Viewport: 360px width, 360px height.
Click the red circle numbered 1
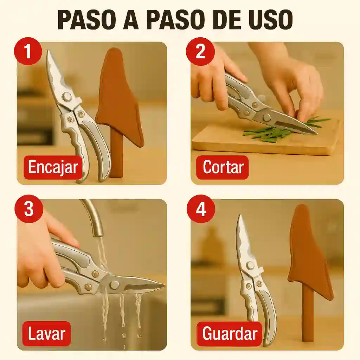click(28, 51)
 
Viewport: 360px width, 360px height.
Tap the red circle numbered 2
click(200, 51)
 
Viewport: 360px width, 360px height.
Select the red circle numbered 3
click(28, 209)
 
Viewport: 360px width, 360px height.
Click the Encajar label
click(53, 167)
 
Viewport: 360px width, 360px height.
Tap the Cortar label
click(223, 167)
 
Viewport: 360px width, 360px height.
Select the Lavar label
click(46, 333)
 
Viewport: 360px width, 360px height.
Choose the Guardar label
click(230, 333)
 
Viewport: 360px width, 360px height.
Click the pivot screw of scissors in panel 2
click(267, 117)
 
